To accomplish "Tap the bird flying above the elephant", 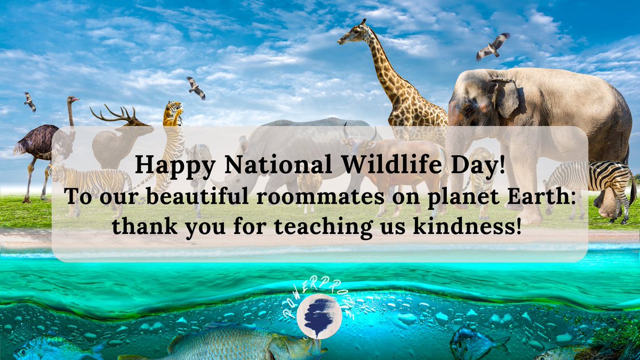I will [x=493, y=46].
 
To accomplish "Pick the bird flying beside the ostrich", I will [x=30, y=101].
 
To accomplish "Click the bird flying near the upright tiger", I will [x=196, y=88].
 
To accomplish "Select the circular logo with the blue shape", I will [x=319, y=316].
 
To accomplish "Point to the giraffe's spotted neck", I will [x=389, y=75].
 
